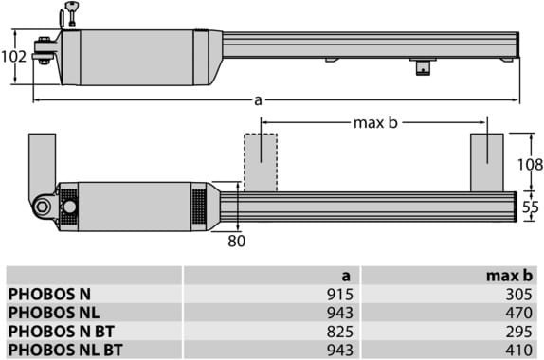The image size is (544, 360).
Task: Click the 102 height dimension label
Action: click(x=13, y=57)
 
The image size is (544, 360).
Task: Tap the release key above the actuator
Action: click(x=73, y=13)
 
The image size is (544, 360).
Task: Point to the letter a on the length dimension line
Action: click(x=258, y=100)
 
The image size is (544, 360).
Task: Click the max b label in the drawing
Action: click(x=375, y=123)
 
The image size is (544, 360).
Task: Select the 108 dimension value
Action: click(x=530, y=165)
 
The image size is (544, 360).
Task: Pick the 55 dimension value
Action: click(x=531, y=207)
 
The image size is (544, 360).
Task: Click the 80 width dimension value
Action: click(x=237, y=241)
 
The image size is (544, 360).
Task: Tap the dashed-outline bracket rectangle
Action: click(x=261, y=162)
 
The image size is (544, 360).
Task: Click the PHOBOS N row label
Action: click(x=49, y=294)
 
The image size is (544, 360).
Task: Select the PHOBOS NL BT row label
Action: click(x=65, y=350)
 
